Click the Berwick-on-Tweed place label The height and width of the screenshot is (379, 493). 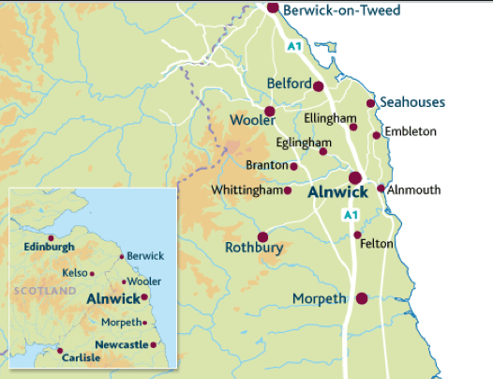(341, 11)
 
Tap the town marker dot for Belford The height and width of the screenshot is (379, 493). (318, 86)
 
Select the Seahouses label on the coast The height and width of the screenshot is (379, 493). (412, 102)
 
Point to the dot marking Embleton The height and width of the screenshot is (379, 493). (377, 135)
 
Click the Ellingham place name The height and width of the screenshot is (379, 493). (330, 118)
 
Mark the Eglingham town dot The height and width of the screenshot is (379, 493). (323, 151)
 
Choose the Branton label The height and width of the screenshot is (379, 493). (266, 165)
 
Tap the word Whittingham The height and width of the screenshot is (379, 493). (246, 190)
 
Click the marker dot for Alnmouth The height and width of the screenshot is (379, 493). (381, 189)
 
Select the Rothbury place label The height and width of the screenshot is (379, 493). (253, 249)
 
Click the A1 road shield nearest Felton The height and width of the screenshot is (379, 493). (351, 215)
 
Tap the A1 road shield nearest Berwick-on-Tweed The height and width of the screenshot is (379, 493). (294, 46)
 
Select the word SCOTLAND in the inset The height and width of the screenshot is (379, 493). (44, 292)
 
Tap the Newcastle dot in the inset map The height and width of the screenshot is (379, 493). (154, 344)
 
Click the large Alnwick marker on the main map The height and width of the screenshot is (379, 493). (355, 178)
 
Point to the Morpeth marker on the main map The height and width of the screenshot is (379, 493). (361, 298)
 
